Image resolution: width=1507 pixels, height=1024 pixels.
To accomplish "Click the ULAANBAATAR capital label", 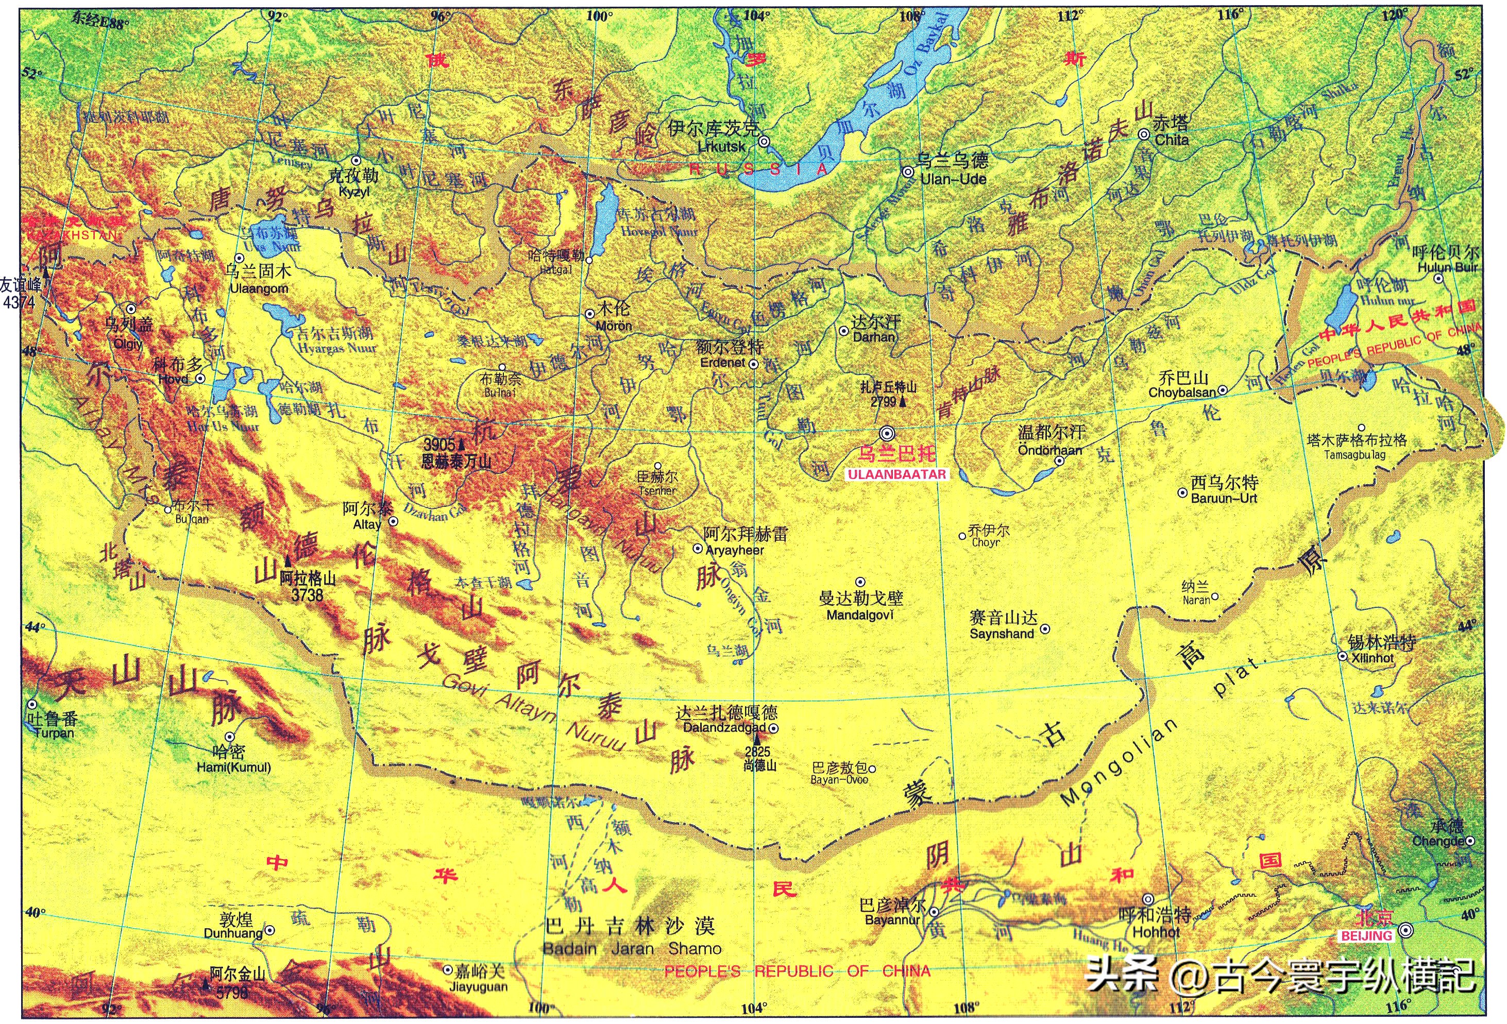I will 897,474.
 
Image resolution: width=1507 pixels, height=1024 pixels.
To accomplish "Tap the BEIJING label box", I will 1366,936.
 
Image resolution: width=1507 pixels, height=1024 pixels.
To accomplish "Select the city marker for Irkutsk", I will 765,141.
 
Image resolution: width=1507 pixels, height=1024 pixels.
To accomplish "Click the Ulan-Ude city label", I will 953,179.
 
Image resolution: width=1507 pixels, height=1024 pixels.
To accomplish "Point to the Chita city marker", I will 1144,134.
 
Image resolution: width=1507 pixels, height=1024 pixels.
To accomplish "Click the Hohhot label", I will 1156,932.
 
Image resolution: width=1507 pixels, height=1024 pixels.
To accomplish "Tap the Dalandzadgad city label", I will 724,727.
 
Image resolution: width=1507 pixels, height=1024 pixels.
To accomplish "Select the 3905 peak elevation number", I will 439,445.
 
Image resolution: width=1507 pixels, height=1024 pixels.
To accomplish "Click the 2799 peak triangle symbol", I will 902,402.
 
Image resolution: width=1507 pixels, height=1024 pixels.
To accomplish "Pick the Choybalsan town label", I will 1182,392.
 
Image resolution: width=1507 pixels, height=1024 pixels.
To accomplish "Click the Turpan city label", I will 54,733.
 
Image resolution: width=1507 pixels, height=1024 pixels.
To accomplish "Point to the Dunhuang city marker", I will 270,930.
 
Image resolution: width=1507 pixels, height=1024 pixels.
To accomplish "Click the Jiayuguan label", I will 479,986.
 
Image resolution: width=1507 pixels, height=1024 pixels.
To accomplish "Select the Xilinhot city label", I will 1373,657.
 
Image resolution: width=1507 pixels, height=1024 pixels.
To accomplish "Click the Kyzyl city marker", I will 355,160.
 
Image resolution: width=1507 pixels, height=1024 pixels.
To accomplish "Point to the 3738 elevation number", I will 307,594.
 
